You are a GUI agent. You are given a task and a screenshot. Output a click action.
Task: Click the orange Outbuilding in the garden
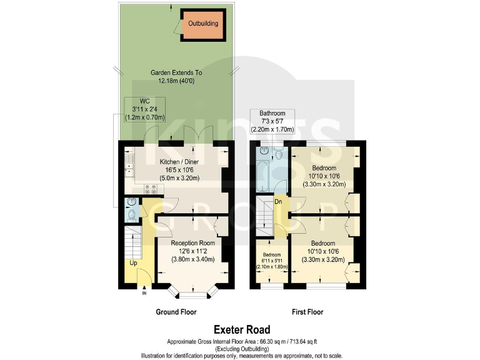(203, 24)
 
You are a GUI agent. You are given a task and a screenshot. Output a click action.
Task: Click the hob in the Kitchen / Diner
(151, 189)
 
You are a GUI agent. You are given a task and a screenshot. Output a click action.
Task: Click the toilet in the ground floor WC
(131, 214)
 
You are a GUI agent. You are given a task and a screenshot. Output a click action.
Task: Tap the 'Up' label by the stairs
(133, 264)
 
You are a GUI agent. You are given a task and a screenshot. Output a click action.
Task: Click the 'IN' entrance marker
(144, 292)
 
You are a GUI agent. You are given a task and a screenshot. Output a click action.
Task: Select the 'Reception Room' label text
(193, 242)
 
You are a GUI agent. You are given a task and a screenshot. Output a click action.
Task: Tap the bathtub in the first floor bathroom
(262, 176)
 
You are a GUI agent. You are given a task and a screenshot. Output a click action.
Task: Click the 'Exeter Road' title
(242, 329)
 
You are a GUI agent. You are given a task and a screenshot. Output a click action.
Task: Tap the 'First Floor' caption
(307, 312)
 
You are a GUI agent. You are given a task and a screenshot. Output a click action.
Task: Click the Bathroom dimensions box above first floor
(272, 121)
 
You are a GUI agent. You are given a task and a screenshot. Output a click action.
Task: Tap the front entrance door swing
(144, 275)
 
